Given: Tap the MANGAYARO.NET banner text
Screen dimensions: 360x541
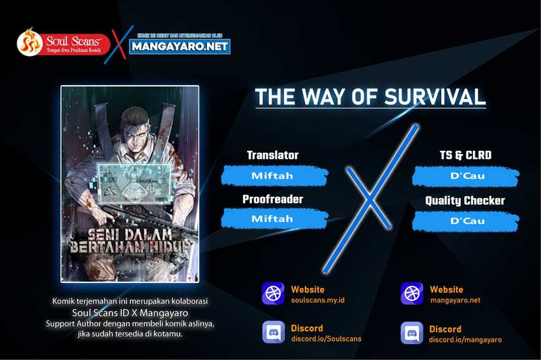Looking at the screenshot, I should pos(180,46).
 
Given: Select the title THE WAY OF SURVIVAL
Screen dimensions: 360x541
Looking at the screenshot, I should pos(370,96).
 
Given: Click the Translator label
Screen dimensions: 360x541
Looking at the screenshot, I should pos(272,155).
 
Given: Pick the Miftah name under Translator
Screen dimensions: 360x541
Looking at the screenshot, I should pos(272,175).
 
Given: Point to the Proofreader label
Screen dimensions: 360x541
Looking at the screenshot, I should pos(272,199).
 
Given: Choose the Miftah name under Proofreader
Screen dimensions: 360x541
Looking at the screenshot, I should pos(272,219).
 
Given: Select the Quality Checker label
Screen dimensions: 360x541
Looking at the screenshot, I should pos(465,200).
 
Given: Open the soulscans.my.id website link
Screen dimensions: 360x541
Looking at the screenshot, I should pos(318,300).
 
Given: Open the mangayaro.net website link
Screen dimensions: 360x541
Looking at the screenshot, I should pos(455,300).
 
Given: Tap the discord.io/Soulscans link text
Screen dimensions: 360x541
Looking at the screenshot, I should pos(326,339).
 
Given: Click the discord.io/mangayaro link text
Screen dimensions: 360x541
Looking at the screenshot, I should pos(465,340).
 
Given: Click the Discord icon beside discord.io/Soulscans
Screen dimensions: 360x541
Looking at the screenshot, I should pos(273,333).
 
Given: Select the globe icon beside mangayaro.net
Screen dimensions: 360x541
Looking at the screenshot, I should pos(412,294).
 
